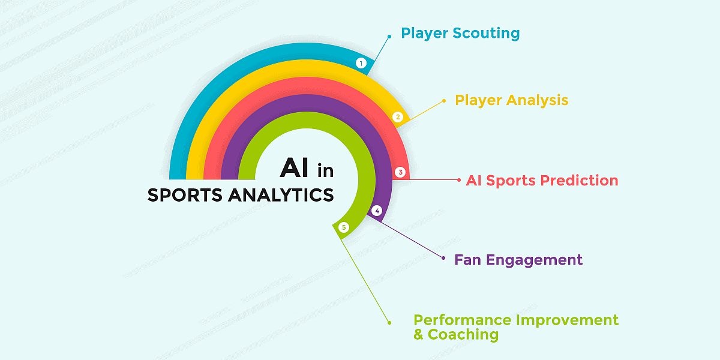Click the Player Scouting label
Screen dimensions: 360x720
tap(460, 33)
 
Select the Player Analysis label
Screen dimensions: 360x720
tap(511, 100)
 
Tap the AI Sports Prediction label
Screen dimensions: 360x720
tap(542, 180)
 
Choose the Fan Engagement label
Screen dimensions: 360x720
tap(518, 260)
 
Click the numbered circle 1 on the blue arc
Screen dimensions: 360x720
tap(361, 62)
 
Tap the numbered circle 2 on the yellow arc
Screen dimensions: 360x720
tap(397, 117)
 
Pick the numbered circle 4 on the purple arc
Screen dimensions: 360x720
tap(377, 211)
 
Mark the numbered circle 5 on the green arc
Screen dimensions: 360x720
tap(343, 227)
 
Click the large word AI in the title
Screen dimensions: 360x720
tap(295, 168)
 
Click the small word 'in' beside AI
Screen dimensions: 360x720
tap(325, 171)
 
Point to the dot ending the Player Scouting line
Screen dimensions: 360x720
tap(389, 36)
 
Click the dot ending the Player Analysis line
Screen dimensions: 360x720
tap(443, 101)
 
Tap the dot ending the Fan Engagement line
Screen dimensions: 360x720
tap(443, 259)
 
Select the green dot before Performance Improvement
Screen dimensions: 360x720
tap(389, 322)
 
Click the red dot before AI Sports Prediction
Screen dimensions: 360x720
tap(459, 179)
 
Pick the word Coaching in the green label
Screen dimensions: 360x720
tap(463, 334)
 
